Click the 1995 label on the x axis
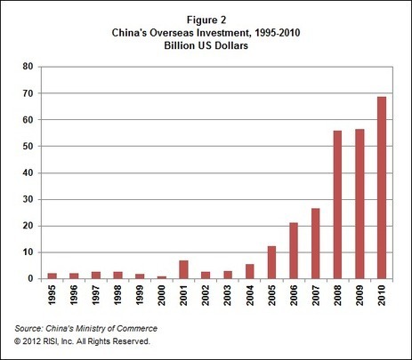pos(51,297)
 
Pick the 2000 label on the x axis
pos(162,297)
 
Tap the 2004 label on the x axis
pos(251,297)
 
